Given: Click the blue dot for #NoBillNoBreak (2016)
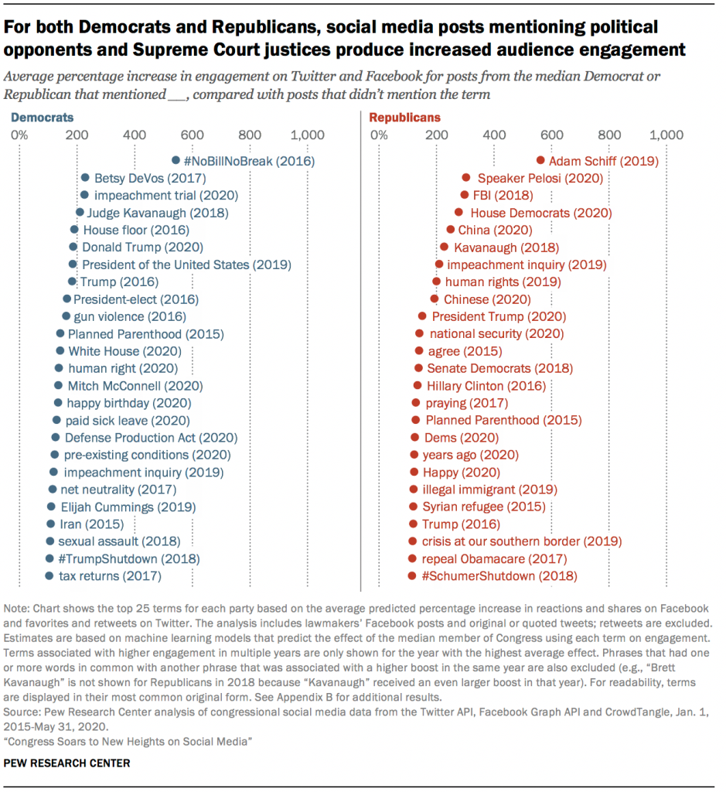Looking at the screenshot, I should [x=176, y=162].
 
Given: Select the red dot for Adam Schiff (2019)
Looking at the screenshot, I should [x=540, y=161].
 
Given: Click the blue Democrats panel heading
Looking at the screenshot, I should [x=42, y=118].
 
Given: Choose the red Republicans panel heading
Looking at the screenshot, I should [x=405, y=118].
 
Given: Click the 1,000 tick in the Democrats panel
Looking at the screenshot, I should [x=308, y=136].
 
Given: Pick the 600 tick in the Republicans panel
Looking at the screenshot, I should [x=552, y=136].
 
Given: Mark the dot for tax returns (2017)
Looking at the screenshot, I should [x=49, y=576].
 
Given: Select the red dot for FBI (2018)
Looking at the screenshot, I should [x=465, y=196].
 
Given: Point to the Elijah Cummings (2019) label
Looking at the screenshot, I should [x=128, y=507].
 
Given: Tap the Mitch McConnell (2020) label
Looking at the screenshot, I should [x=135, y=386].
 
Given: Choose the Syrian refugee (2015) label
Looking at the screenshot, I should [x=483, y=507].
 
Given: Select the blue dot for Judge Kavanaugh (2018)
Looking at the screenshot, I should [x=80, y=213].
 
